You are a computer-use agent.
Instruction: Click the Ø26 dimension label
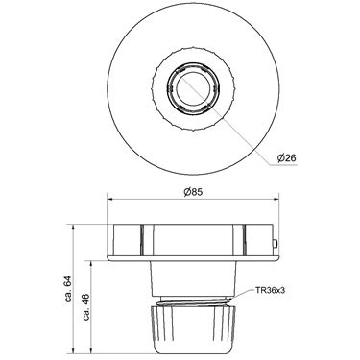287,157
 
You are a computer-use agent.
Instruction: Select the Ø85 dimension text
193,192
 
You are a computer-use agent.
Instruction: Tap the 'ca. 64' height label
68,289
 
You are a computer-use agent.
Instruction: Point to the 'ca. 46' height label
86,306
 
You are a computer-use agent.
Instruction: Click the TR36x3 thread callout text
270,290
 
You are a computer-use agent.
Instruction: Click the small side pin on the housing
276,243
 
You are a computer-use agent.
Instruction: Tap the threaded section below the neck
193,300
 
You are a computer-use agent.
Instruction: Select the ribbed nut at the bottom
193,329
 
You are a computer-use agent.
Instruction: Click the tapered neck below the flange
193,278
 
